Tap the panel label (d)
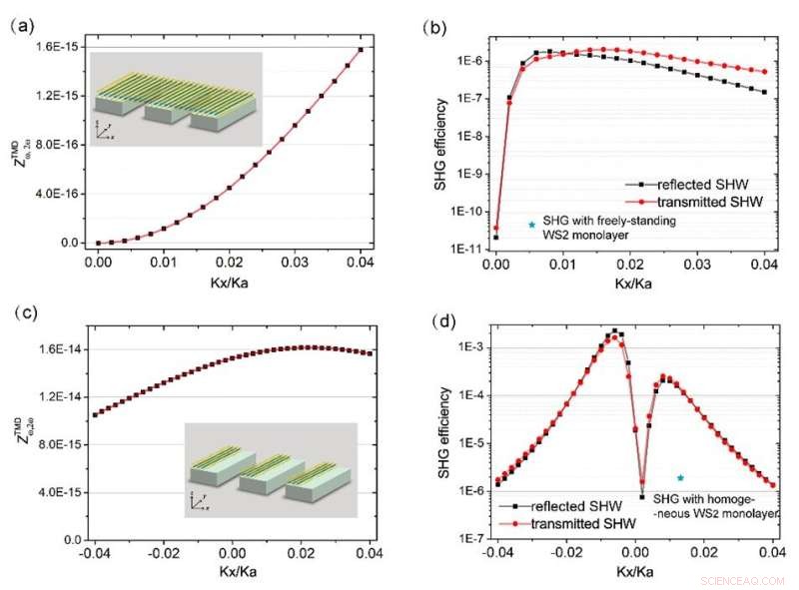click(x=437, y=321)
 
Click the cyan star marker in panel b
click(x=531, y=225)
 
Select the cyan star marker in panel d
click(x=680, y=478)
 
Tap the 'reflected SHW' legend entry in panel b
click(x=716, y=186)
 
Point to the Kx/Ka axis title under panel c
click(x=236, y=571)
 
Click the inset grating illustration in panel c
click(x=270, y=470)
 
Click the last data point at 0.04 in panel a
click(x=360, y=49)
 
